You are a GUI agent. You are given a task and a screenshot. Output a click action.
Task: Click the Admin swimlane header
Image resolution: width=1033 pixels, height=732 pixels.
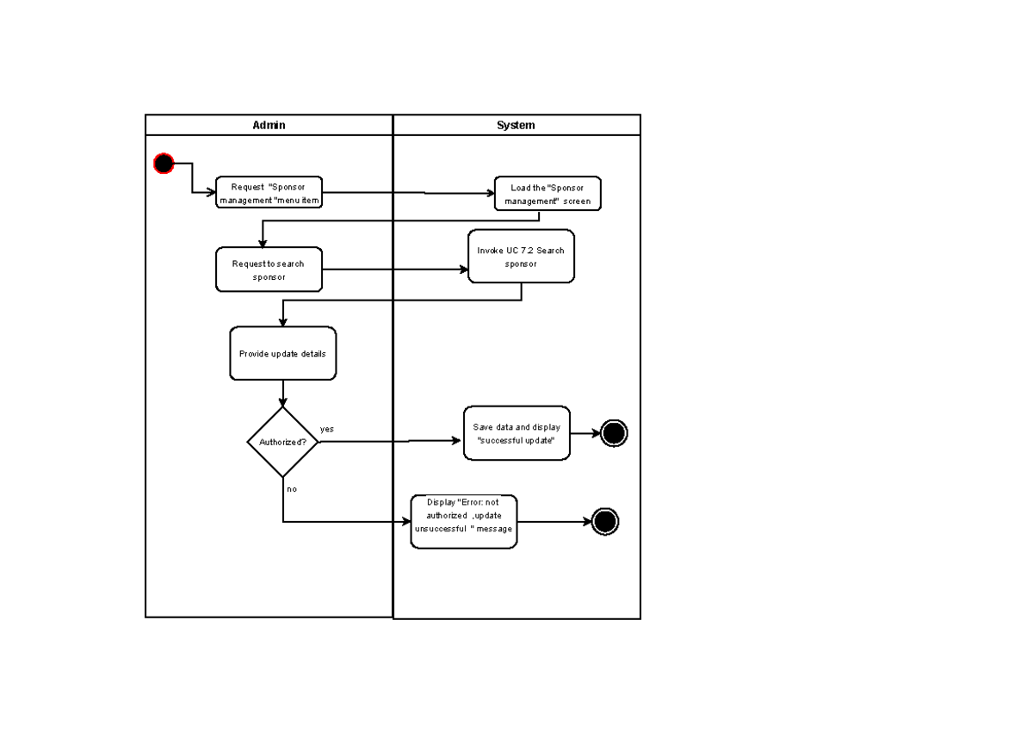[x=269, y=125]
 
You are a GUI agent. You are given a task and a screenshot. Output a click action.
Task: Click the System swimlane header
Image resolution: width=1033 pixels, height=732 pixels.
[x=516, y=125]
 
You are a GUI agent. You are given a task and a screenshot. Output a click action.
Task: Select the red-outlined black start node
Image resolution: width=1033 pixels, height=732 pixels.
[x=164, y=164]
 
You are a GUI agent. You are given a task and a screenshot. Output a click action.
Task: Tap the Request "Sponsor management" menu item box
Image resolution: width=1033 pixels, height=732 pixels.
[x=269, y=194]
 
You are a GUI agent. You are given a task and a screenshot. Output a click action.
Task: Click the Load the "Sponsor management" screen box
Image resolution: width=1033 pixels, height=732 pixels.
[x=547, y=194]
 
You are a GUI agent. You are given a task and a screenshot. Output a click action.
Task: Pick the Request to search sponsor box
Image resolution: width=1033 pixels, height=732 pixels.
[x=269, y=270]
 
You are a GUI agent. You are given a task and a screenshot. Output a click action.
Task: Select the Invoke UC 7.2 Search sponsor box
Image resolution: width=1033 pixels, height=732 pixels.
[x=521, y=257]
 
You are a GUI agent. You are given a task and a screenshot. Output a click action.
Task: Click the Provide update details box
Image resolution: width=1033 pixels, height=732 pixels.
[x=282, y=353]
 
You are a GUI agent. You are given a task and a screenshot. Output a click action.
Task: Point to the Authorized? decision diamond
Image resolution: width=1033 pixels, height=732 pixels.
[x=282, y=442]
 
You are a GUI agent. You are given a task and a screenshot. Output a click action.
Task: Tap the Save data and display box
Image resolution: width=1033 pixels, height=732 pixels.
[x=516, y=433]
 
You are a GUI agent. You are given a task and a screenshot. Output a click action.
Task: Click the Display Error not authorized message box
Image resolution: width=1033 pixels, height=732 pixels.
[x=464, y=522]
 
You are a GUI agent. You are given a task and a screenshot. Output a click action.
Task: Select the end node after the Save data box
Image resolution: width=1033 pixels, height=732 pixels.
[x=614, y=433]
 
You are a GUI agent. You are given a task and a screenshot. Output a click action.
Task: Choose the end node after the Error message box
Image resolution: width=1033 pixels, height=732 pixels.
[x=605, y=522]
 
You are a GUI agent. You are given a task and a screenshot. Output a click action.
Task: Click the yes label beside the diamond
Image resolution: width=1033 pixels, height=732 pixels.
[x=327, y=429]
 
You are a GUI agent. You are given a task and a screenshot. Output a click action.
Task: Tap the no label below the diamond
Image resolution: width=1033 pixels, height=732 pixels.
[x=292, y=488]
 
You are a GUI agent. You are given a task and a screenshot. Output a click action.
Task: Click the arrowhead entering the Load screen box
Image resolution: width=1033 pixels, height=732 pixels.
[x=490, y=194]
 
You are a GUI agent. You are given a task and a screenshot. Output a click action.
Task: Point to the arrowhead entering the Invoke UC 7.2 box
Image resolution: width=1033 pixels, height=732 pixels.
[x=463, y=270]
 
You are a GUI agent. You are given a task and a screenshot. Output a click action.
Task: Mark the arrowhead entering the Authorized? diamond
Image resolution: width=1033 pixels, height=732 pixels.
[x=282, y=402]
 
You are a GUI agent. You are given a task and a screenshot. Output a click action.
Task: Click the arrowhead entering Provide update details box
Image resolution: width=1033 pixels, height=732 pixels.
[x=282, y=322]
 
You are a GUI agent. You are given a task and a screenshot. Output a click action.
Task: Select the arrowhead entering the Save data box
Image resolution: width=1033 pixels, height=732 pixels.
[x=458, y=441]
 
